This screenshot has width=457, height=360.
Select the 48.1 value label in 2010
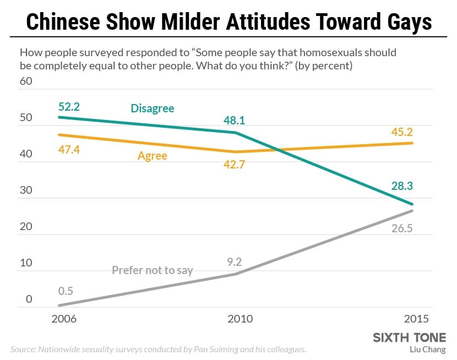(235, 120)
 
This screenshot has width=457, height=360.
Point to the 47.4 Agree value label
(69, 149)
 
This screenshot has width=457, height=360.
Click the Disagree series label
(153, 108)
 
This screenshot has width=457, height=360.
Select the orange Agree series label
(152, 156)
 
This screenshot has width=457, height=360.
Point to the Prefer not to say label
(152, 270)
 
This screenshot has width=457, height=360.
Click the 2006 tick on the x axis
(64, 319)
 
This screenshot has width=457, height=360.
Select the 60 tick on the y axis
(26, 81)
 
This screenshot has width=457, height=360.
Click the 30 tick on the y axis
(26, 190)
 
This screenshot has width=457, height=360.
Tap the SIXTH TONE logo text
(410, 337)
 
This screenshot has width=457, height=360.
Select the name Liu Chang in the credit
(428, 349)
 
